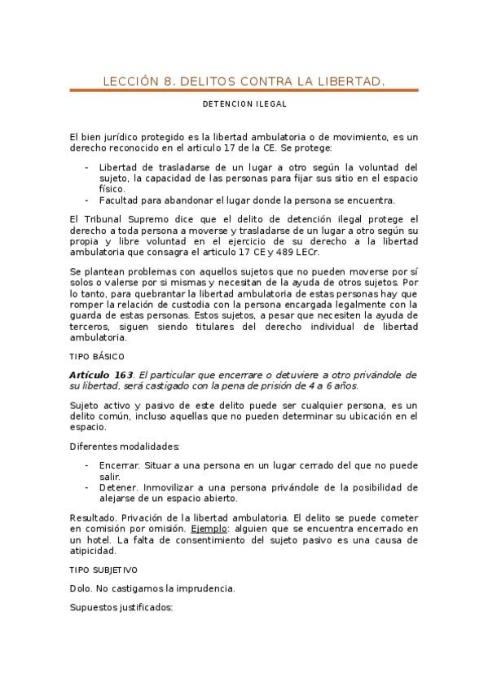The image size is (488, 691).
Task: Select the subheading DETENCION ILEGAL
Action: [x=244, y=104]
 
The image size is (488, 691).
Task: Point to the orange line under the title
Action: [x=244, y=90]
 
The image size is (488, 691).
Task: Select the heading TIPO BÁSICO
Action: [x=96, y=357]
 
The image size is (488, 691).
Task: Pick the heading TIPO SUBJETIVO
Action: [x=103, y=570]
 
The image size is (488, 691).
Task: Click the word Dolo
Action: [x=81, y=588]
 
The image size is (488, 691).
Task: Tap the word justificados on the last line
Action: [x=144, y=608]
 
